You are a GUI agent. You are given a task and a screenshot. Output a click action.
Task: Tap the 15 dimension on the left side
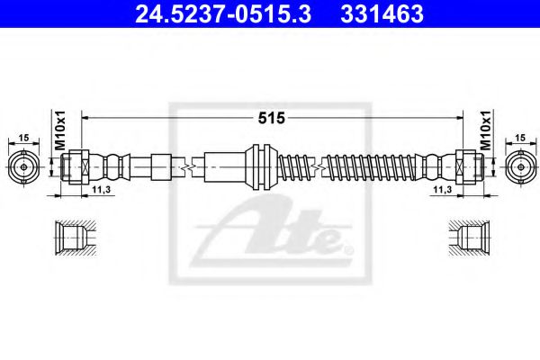pos(24,137)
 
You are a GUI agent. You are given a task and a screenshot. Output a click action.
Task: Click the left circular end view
pos(24,167)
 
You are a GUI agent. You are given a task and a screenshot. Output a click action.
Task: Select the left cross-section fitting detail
pos(73,238)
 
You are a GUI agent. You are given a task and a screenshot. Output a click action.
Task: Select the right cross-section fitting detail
pos(468,238)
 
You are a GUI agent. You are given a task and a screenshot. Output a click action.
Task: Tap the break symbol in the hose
pos(187,167)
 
